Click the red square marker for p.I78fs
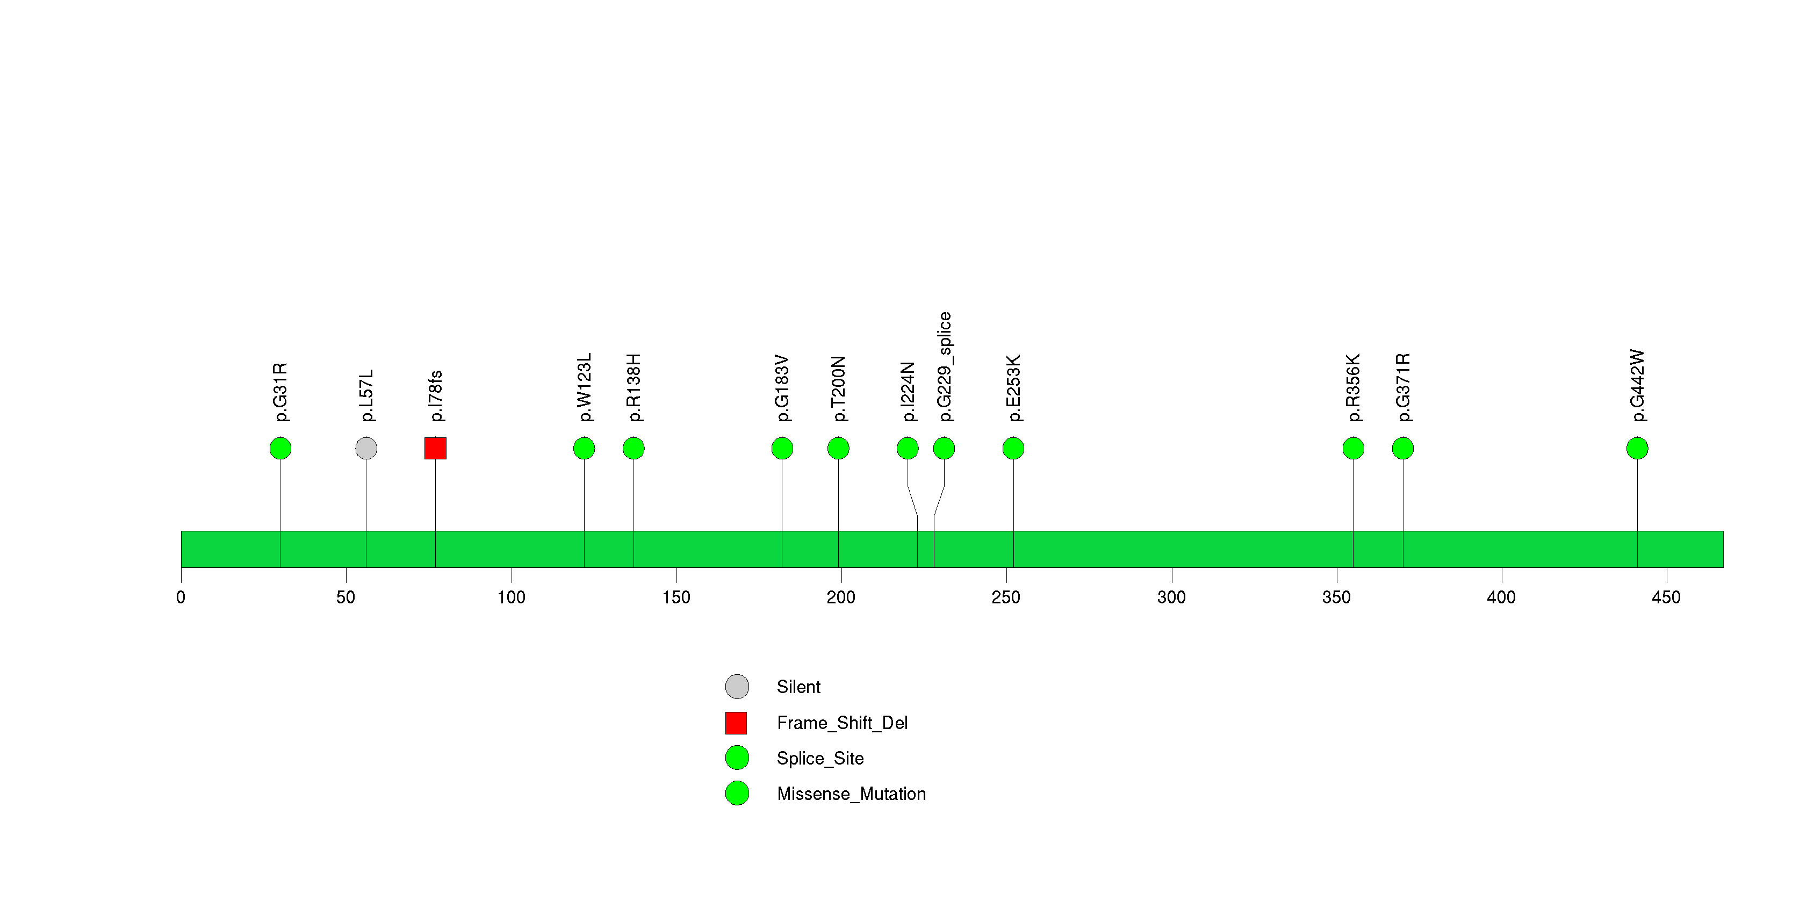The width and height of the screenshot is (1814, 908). coord(435,449)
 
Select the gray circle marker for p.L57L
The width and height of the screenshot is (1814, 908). coord(366,449)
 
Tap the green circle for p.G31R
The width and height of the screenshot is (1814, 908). coord(280,449)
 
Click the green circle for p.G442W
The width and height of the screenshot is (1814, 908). coord(1637,449)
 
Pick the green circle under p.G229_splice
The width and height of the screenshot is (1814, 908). coord(944,449)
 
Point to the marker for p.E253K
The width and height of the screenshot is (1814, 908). coord(1013,449)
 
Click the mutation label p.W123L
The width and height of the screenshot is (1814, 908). coord(585,387)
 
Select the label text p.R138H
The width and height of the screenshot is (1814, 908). coord(634,388)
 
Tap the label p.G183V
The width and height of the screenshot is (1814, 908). coord(782,388)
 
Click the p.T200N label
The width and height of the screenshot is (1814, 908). coord(838,388)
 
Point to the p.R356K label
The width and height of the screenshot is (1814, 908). coord(1354,388)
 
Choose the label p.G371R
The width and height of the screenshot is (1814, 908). coord(1403,388)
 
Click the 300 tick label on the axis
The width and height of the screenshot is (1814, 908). coord(1172,597)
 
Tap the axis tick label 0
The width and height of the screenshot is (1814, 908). coord(181,597)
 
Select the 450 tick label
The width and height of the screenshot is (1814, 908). coord(1666,597)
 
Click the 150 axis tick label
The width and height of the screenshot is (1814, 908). coord(676,597)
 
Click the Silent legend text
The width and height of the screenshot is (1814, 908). coord(798,687)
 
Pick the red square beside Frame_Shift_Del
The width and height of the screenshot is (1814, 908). coord(736,723)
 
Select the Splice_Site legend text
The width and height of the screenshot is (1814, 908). coord(820,759)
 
